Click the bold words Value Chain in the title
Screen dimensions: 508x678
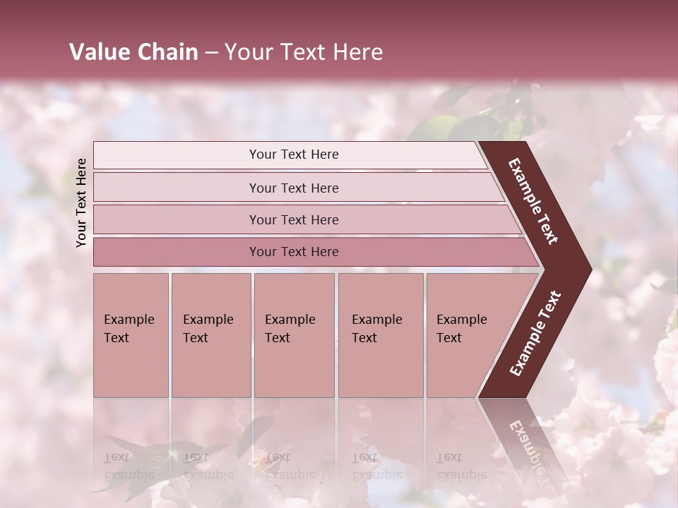[133, 52]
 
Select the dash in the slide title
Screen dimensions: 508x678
[211, 52]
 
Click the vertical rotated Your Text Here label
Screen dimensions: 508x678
[82, 202]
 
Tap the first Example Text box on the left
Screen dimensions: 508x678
[131, 335]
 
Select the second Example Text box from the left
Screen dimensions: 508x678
[210, 335]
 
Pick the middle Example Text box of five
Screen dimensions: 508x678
[294, 335]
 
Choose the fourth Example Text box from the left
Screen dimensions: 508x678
[380, 335]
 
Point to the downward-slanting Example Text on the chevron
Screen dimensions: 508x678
[533, 201]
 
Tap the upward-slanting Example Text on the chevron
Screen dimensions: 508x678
[535, 333]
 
